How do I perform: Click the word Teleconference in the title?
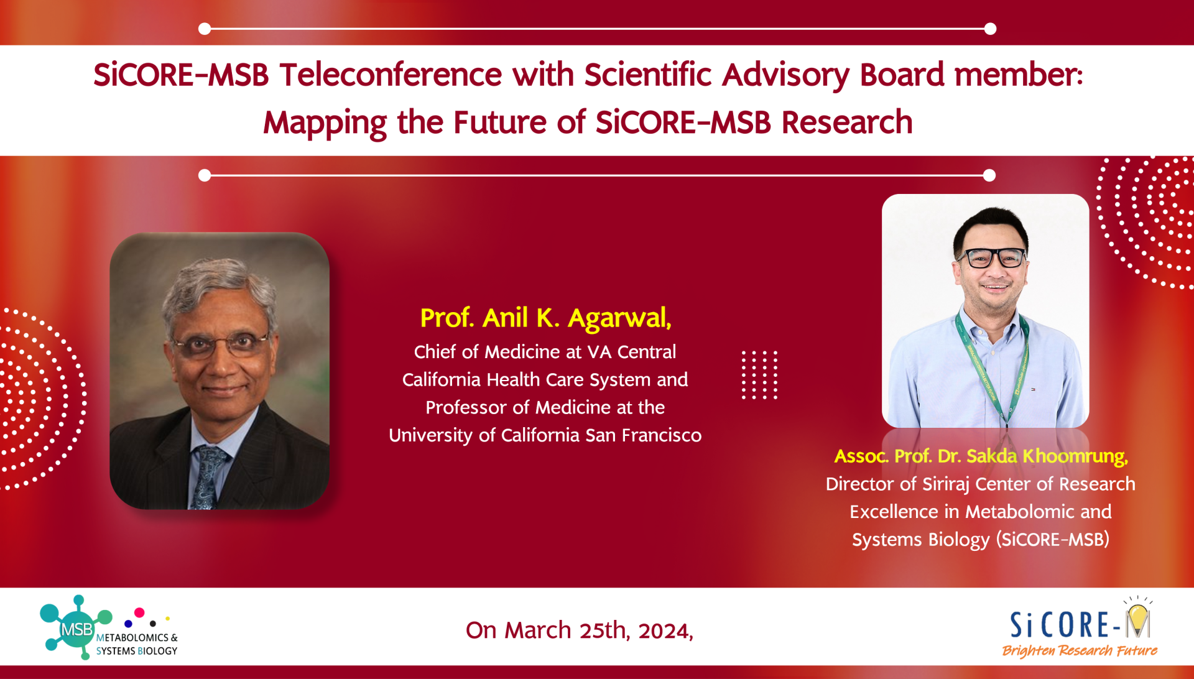click(391, 75)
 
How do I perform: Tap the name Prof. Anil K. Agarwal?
click(545, 318)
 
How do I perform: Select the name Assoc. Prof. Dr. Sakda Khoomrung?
click(981, 456)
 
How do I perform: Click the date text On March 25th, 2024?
click(579, 630)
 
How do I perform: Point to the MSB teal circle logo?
click(76, 629)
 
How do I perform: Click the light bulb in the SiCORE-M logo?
click(1138, 618)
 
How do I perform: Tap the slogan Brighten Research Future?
click(1080, 650)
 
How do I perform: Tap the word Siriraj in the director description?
click(945, 484)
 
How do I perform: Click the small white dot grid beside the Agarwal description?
click(759, 374)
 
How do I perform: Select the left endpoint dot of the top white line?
click(205, 29)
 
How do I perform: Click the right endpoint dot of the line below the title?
click(989, 175)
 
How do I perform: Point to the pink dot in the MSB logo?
click(139, 612)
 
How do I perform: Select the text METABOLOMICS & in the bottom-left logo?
click(137, 638)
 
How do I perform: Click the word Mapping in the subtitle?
click(325, 122)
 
